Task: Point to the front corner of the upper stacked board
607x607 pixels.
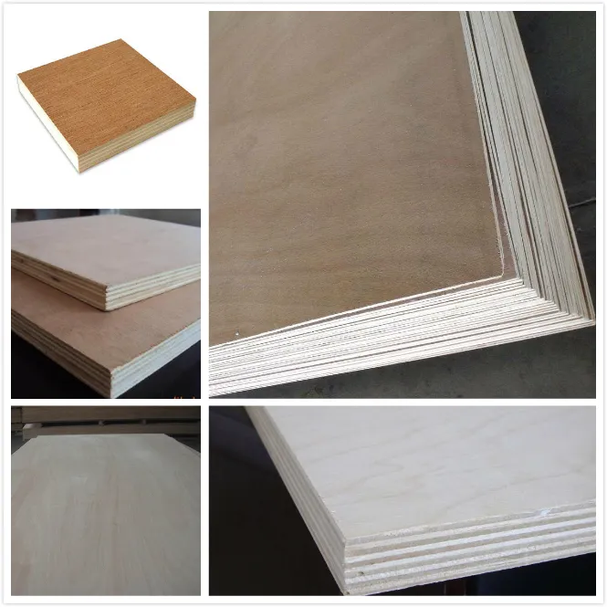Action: (109, 300)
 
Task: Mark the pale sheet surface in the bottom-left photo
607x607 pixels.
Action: (100, 520)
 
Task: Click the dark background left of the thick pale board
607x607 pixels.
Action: (237, 511)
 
